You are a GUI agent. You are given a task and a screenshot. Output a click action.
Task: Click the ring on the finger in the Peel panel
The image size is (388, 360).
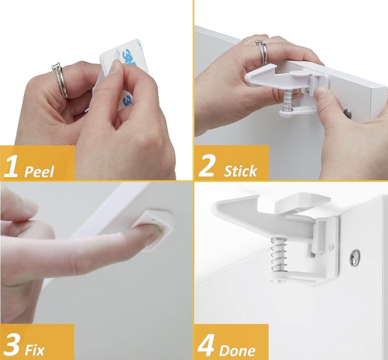[x=60, y=81]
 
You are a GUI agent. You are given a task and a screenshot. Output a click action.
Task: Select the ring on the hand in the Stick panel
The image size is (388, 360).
[x=262, y=51]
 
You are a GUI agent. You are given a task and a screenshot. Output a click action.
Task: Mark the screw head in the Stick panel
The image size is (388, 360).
[x=348, y=113]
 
